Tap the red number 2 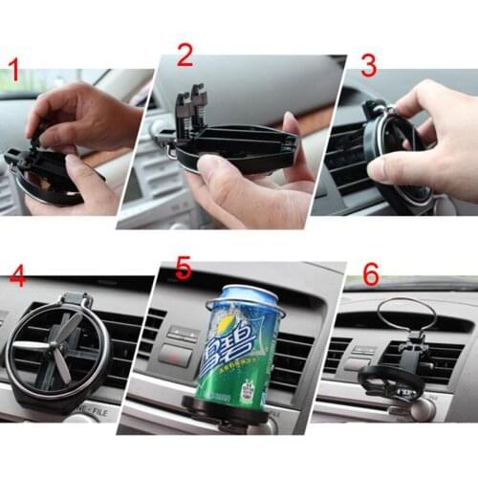pyautogui.click(x=185, y=54)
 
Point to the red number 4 pyautogui.click(x=17, y=277)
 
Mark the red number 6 pyautogui.click(x=370, y=274)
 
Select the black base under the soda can pyautogui.click(x=229, y=413)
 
